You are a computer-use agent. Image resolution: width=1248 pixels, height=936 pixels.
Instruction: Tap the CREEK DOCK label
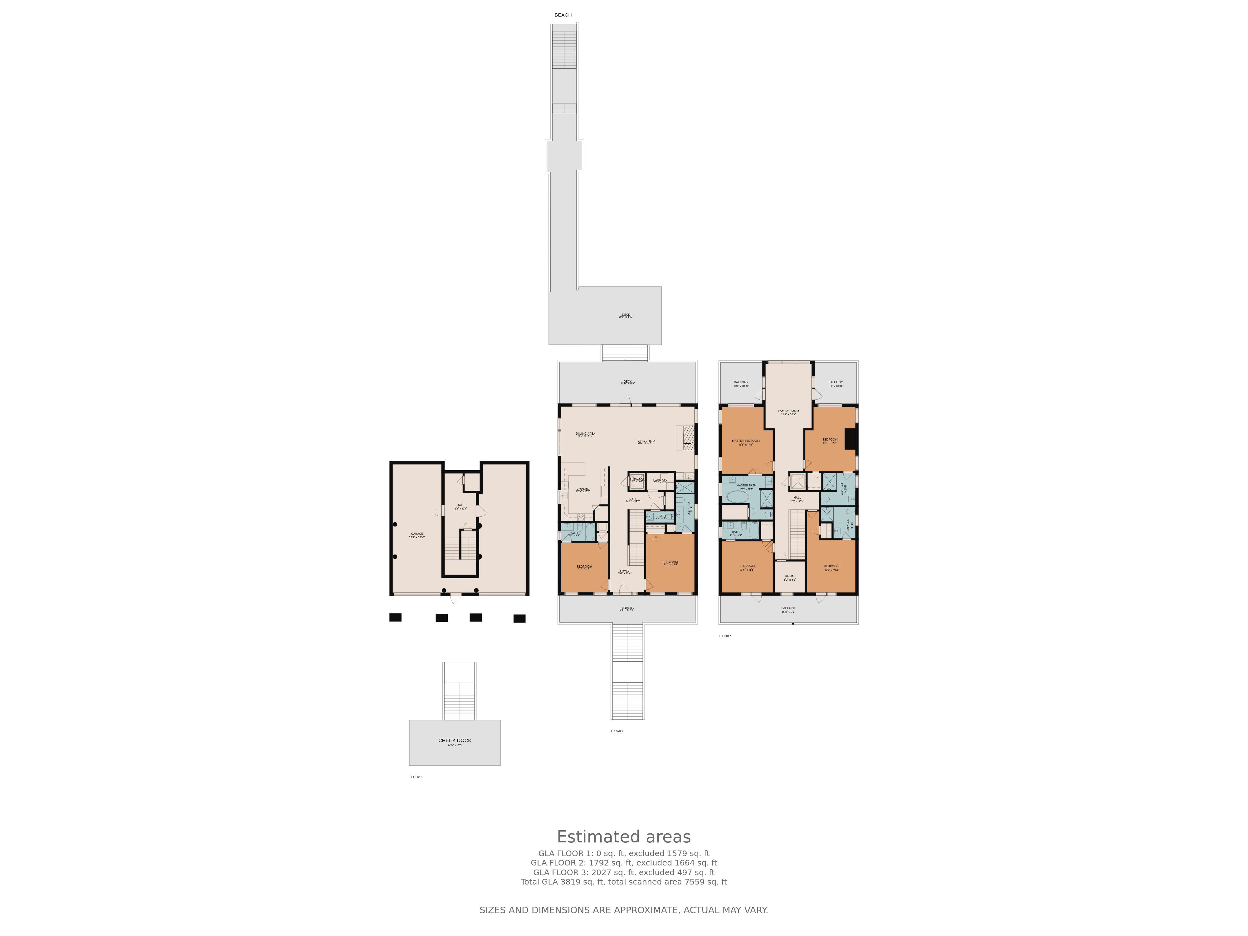455,740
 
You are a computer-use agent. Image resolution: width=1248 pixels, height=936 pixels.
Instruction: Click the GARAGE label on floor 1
417,534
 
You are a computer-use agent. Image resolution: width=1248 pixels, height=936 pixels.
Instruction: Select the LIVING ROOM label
644,441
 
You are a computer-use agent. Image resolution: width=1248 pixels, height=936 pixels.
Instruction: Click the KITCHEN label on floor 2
583,489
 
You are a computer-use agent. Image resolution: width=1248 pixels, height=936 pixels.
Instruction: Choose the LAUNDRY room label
660,480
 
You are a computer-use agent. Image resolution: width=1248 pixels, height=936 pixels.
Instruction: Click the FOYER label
625,571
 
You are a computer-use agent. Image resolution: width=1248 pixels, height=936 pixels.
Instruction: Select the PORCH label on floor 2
627,608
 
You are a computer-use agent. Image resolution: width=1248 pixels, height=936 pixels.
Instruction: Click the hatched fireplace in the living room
688,438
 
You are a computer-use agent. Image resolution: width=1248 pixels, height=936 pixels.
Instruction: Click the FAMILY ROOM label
788,411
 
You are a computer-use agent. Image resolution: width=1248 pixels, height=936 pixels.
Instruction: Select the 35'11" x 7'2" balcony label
788,608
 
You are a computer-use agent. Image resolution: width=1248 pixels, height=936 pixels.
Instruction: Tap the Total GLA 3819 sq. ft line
623,882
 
